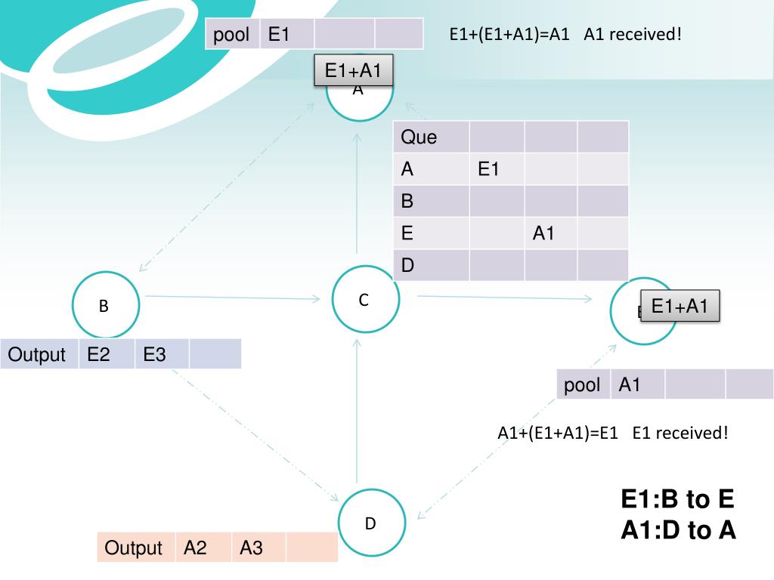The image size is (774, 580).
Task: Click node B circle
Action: [106, 306]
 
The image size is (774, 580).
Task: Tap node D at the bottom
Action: [370, 523]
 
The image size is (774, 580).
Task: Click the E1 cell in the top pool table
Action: [286, 34]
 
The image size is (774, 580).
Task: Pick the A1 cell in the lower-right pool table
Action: [637, 385]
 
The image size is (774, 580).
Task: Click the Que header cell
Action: [431, 137]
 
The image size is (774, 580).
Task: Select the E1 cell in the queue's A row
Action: [496, 169]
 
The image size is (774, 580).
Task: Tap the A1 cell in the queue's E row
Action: [550, 233]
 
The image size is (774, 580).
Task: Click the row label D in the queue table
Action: [431, 265]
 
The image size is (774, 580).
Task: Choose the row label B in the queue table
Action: [431, 202]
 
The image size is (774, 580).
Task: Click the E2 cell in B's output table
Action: [107, 354]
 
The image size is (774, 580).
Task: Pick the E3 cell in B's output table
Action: [162, 354]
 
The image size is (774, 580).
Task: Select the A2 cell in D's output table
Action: [203, 548]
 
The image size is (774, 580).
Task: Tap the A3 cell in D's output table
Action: [259, 548]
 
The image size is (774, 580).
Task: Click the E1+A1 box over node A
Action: [353, 71]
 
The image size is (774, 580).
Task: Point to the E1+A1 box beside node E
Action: [680, 306]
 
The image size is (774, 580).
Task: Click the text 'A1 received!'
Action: [633, 34]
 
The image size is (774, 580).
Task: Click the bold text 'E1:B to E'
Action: [677, 499]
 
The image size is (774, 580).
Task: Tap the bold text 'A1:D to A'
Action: [678, 530]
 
